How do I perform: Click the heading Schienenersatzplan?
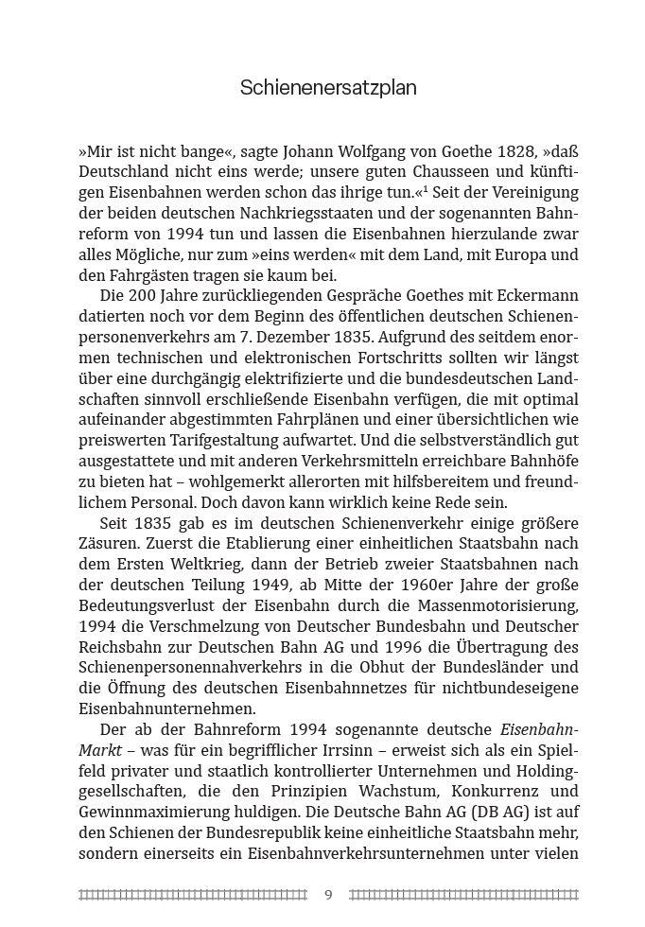coord(328,89)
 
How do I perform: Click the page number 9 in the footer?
coord(328,894)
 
